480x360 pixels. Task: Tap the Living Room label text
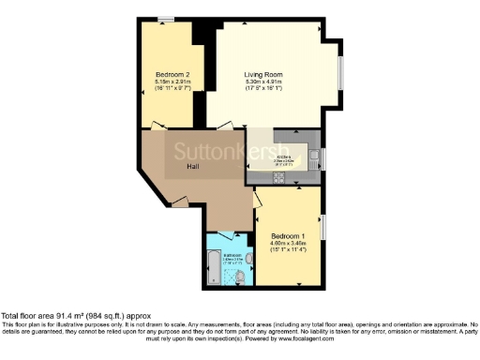pos(263,73)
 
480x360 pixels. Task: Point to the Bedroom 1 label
pos(288,234)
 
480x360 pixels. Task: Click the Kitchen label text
pos(283,157)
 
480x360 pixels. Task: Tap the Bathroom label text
pos(232,254)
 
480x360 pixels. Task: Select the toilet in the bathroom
pos(242,276)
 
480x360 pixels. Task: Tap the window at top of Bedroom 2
pos(165,18)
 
